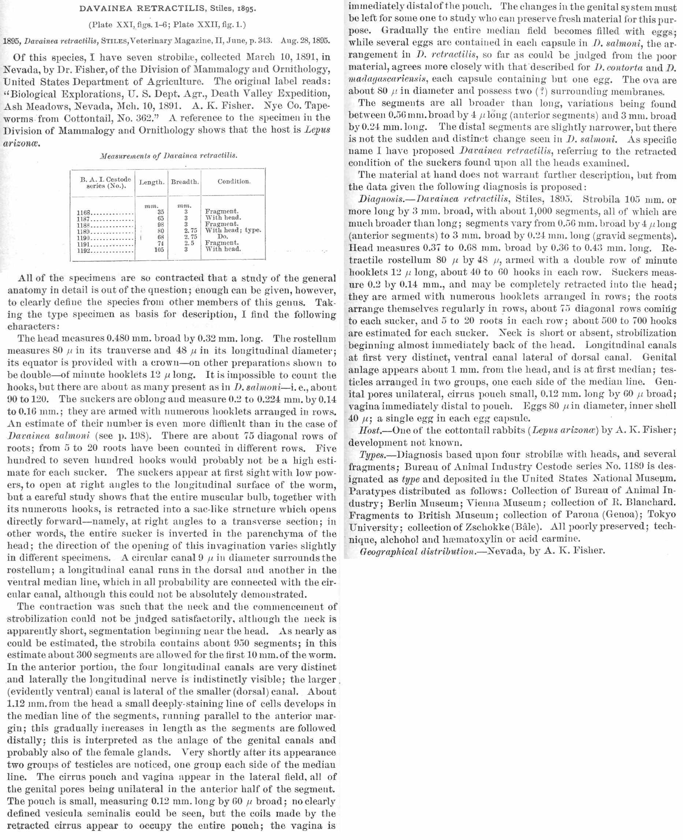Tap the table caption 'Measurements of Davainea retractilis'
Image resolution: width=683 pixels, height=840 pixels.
point(168,156)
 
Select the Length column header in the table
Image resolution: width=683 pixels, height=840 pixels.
point(151,182)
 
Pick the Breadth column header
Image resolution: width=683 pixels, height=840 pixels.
point(185,182)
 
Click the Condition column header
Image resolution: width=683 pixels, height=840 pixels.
point(234,181)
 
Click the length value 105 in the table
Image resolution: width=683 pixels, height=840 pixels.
point(159,249)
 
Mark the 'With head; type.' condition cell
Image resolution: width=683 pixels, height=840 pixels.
point(233,230)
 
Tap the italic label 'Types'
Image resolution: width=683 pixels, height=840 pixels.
point(372,455)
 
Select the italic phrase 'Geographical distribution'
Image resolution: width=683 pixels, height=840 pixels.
point(417,551)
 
